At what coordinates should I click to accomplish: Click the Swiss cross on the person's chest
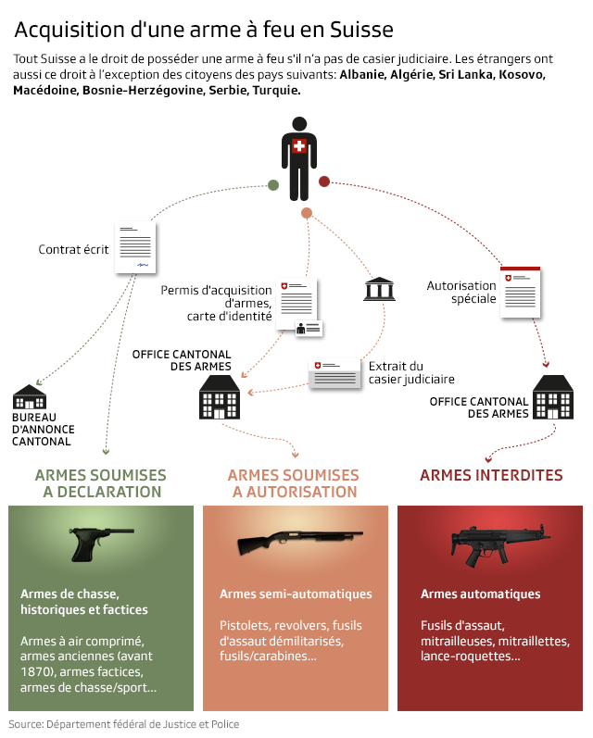point(298,147)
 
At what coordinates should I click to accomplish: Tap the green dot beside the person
point(273,185)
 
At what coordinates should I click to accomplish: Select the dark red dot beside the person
point(324,181)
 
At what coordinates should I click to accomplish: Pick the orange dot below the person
point(307,214)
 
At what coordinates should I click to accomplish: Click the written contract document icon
point(135,247)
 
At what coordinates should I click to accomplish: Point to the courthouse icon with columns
point(378,289)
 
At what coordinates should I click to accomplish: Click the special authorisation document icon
point(520,294)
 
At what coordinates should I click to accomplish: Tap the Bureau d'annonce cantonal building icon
point(30,397)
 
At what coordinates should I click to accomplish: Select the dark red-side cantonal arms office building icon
point(554,397)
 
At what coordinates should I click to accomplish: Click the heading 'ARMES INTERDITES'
point(491,475)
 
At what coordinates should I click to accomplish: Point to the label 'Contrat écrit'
point(73,249)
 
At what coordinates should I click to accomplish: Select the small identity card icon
point(309,328)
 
